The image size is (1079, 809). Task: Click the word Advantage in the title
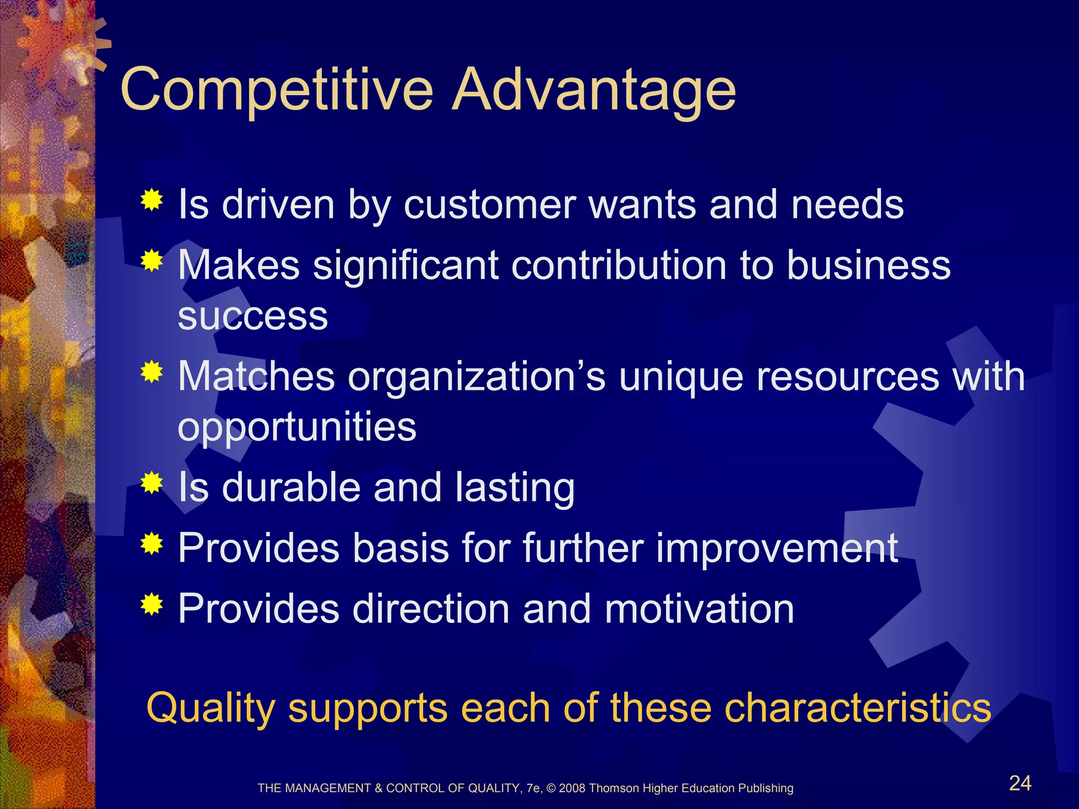(594, 91)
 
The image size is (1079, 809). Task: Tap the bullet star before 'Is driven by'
(152, 200)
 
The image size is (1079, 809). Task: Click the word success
(253, 317)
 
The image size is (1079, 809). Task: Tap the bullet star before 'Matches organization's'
(152, 372)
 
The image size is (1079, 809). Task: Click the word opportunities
(297, 427)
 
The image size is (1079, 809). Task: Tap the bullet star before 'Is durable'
(152, 483)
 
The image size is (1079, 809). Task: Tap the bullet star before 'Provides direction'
(152, 604)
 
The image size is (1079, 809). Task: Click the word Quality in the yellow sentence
(210, 708)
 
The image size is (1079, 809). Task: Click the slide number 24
(1020, 783)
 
